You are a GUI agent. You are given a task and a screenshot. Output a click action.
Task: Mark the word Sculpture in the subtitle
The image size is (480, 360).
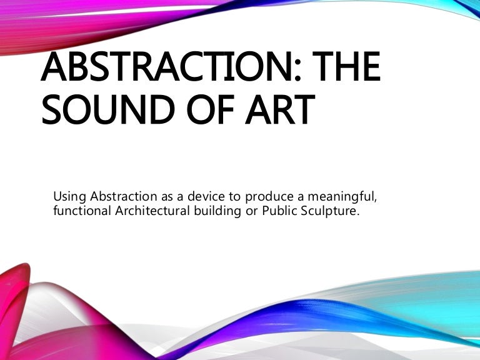[329, 211]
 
